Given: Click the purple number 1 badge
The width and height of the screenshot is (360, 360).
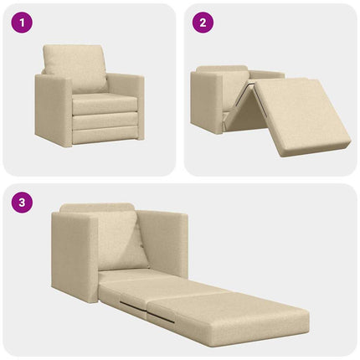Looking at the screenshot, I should [x=21, y=23].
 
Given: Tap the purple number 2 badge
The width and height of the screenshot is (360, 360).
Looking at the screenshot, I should [x=202, y=23].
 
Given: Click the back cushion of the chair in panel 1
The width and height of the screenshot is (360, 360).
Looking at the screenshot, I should [x=75, y=67].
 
